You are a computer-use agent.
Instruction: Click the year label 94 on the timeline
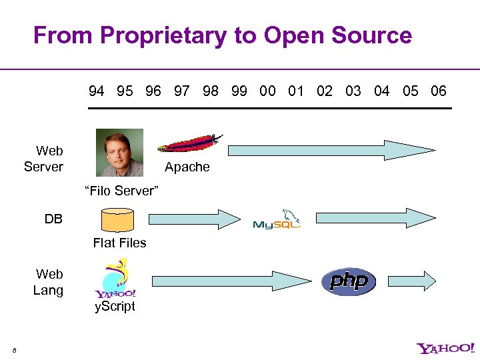pos(97,91)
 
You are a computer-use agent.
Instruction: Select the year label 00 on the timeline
pos(267,91)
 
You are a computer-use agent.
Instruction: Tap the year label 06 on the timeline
pos(439,91)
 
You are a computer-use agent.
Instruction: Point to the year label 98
pos(211,91)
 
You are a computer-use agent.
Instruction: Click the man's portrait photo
pos(119,153)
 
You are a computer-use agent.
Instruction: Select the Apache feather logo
pos(191,144)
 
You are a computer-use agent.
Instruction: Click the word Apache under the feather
pos(187,167)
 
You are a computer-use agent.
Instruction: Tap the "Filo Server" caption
pos(121,191)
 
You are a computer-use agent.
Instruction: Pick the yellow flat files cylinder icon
pos(117,220)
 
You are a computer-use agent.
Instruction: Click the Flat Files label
pos(120,243)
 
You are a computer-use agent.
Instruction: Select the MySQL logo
pos(277,219)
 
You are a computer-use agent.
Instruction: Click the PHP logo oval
pos(349,281)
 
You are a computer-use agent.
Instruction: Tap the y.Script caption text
pos(114,306)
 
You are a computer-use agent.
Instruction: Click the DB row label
pos(53,219)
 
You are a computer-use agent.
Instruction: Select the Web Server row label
pos(44,159)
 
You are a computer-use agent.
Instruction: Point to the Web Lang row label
pos(49,282)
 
